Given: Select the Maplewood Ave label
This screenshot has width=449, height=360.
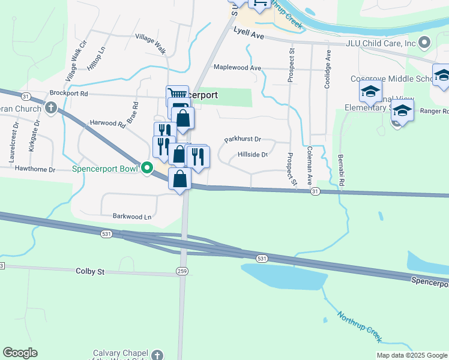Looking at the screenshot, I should coord(238,68).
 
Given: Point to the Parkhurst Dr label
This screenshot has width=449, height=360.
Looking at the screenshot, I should coord(243,139).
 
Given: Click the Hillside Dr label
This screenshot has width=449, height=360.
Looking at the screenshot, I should coord(252,154).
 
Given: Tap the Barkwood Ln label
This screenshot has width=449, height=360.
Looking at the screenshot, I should coord(131,215).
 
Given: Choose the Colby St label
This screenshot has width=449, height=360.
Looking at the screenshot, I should coord(90,272).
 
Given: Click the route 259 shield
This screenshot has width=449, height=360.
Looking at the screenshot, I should coord(182,272).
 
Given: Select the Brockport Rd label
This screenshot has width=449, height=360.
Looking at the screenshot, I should coord(68,94).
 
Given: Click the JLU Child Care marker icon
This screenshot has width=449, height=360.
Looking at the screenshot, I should coord(425,42).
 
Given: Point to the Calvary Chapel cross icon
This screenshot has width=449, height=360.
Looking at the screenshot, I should coord(157,355).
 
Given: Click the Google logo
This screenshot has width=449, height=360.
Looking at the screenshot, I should coord(20,353).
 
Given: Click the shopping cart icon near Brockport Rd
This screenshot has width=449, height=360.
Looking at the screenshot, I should coord(176,95).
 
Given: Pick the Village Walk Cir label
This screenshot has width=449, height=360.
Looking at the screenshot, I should coord(76,61).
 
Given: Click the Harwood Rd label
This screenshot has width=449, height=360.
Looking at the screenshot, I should coord(107,123).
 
